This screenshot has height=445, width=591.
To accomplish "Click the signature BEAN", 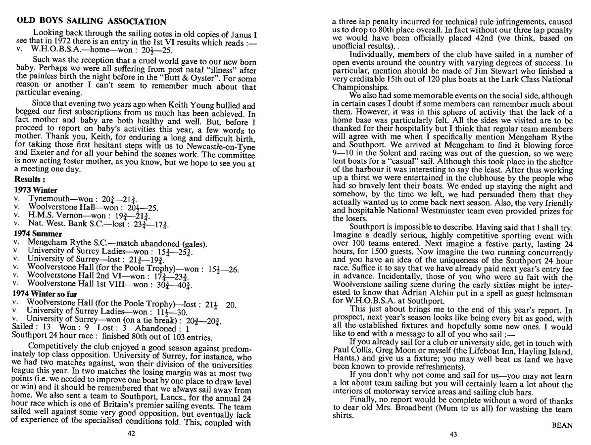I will click(x=561, y=425).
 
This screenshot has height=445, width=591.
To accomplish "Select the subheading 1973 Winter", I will click(x=36, y=190).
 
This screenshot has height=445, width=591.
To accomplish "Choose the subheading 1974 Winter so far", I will click(x=46, y=293).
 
